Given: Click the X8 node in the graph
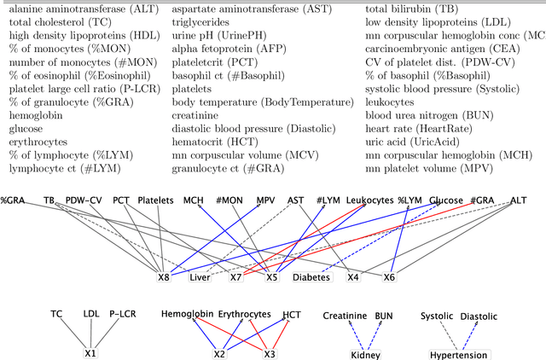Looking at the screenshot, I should (164, 276).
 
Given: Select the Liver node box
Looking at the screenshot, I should (200, 276).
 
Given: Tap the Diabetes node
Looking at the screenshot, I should (311, 276).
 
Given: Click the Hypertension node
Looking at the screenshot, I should (458, 355).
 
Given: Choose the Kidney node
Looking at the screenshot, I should (359, 355).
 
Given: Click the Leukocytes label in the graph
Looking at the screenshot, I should (369, 200).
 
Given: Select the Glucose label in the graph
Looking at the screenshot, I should (446, 200).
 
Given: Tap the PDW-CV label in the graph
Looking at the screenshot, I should (84, 200).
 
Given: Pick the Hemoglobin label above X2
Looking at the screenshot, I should (187, 315).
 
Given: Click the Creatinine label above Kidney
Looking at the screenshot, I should (345, 316).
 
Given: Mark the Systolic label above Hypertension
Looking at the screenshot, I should (437, 316).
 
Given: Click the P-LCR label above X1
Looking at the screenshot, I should (122, 315).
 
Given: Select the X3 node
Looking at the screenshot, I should (270, 354).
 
